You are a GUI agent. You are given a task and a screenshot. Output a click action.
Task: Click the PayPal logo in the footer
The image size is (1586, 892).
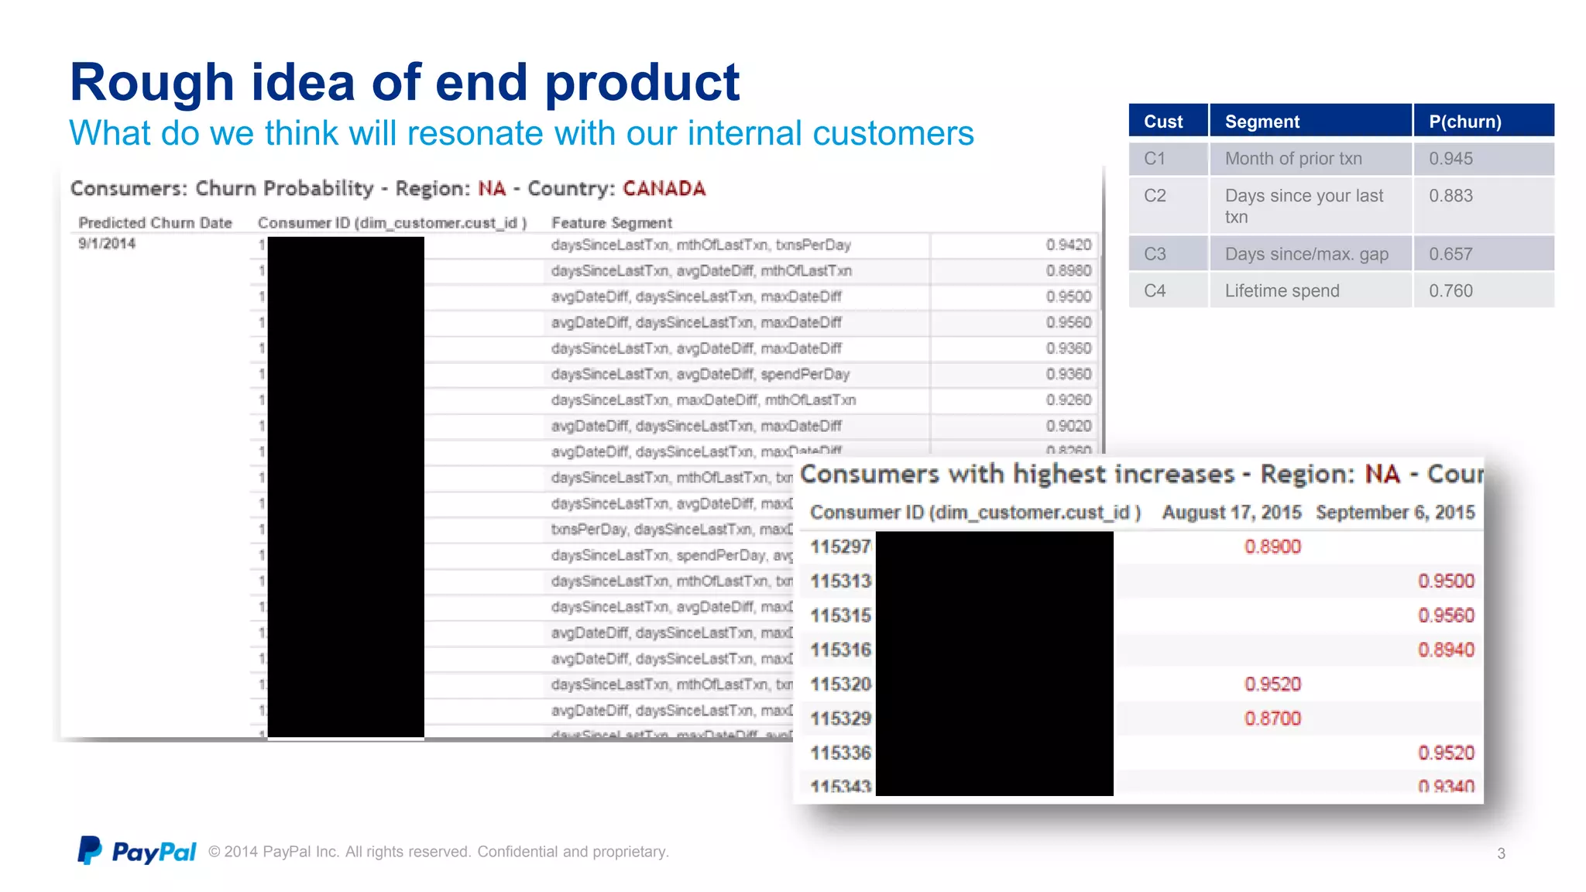136,851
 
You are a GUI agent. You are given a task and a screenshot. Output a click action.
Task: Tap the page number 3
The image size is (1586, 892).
1501,853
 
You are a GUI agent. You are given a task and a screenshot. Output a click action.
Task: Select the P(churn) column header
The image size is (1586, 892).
1465,122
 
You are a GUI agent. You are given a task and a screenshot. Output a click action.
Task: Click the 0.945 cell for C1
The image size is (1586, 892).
1450,159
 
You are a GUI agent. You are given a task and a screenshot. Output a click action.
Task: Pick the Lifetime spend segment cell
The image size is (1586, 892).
1282,291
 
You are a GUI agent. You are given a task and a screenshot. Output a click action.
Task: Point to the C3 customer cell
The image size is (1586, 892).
1155,254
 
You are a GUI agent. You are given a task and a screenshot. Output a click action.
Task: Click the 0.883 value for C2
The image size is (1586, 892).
1450,196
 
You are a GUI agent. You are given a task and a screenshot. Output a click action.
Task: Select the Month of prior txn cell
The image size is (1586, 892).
1292,159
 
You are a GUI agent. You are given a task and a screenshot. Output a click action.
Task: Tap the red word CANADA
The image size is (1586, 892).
664,189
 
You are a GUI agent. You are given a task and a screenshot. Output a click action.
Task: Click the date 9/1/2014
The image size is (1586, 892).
107,244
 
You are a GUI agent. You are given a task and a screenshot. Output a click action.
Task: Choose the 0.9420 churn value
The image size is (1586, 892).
1068,245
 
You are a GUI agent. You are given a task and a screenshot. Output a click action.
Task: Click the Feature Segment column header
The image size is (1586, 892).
611,223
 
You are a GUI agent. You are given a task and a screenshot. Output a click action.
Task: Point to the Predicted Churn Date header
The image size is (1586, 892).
155,223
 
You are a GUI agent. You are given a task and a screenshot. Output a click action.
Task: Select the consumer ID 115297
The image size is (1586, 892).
840,547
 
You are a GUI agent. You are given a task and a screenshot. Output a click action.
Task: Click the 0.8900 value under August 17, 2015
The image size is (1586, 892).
1272,547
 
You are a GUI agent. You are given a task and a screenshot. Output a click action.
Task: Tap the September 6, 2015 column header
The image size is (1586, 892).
1395,513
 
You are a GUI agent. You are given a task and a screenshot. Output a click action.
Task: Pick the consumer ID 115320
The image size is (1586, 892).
840,684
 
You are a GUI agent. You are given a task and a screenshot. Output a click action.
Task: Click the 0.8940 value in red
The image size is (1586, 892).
1446,650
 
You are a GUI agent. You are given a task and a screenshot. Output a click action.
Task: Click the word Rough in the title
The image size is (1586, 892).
152,82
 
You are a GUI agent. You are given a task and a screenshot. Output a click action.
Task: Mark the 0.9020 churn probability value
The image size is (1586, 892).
1068,426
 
